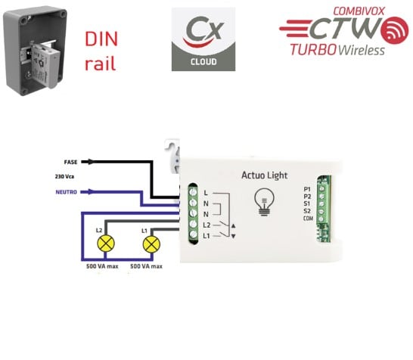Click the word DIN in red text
(101, 39)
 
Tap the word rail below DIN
(100, 63)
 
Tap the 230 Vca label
(66, 176)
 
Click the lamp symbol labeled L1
(152, 244)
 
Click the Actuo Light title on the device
(264, 175)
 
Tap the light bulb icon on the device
(264, 200)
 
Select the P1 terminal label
(306, 188)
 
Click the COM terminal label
(307, 219)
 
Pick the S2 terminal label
(306, 211)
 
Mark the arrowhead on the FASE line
(92, 161)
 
